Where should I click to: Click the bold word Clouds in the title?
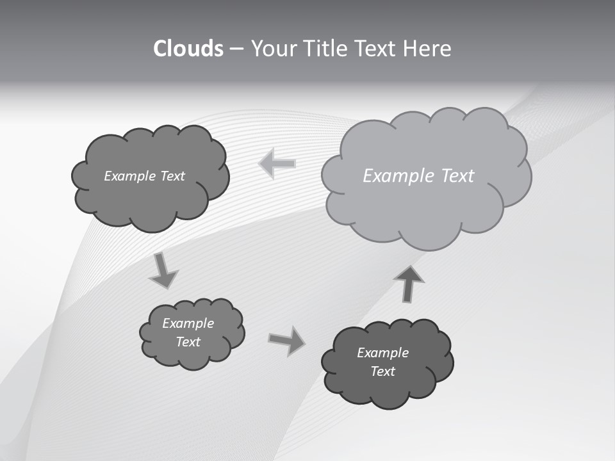[x=188, y=49]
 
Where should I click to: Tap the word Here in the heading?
[x=428, y=49]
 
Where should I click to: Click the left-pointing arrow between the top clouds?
[x=277, y=163]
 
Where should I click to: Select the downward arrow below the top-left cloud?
[x=163, y=270]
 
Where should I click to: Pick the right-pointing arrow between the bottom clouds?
[x=287, y=340]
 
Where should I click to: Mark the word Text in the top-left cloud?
[x=173, y=176]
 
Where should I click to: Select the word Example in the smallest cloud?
[x=188, y=323]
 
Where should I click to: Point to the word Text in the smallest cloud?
[x=188, y=342]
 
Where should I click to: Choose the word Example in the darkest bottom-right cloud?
[x=382, y=353]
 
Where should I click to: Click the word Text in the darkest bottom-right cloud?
[x=383, y=371]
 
